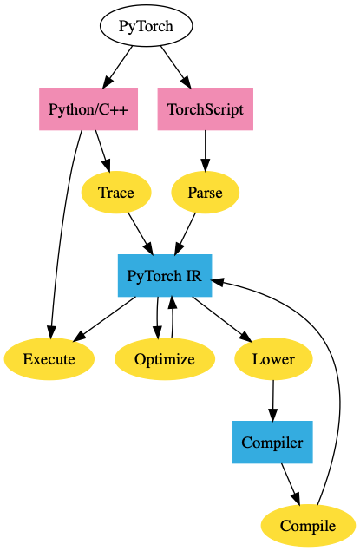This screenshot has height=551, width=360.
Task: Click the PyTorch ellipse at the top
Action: [x=146, y=26]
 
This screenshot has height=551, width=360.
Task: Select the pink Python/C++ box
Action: [x=88, y=109]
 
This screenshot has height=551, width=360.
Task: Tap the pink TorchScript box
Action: [x=205, y=109]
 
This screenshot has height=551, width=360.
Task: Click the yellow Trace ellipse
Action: [x=116, y=193]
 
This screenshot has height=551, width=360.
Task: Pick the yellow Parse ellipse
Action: [x=205, y=193]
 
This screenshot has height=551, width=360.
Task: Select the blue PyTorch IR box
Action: [x=165, y=276]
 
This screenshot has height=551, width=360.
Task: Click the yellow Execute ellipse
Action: [x=49, y=358]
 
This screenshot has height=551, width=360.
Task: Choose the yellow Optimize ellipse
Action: [x=165, y=358]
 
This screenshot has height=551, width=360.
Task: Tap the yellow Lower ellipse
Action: [x=273, y=358]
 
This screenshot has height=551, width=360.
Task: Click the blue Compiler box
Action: [x=272, y=442]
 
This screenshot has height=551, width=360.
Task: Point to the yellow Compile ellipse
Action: [x=308, y=526]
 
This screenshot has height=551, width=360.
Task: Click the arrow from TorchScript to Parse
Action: [x=206, y=151]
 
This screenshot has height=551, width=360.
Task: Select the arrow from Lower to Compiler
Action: [x=273, y=401]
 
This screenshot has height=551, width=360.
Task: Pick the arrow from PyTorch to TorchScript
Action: [x=175, y=67]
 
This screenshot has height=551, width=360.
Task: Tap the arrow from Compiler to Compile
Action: [x=291, y=485]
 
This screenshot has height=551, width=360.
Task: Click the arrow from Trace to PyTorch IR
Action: [x=141, y=233]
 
